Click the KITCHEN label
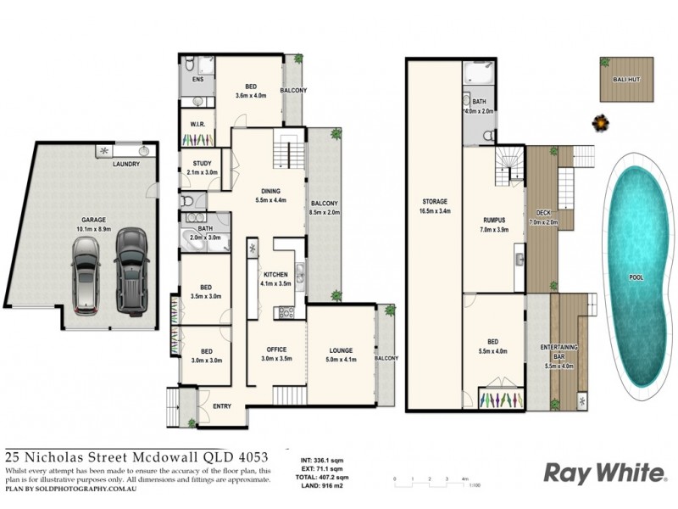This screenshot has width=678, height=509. coord(275,275)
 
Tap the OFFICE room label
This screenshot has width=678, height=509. coord(275,350)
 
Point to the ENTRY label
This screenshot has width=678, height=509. coord(222,406)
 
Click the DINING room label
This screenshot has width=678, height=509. coord(271,191)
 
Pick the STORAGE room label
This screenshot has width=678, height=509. coord(435,202)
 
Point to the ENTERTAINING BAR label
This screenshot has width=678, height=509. coord(559,351)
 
